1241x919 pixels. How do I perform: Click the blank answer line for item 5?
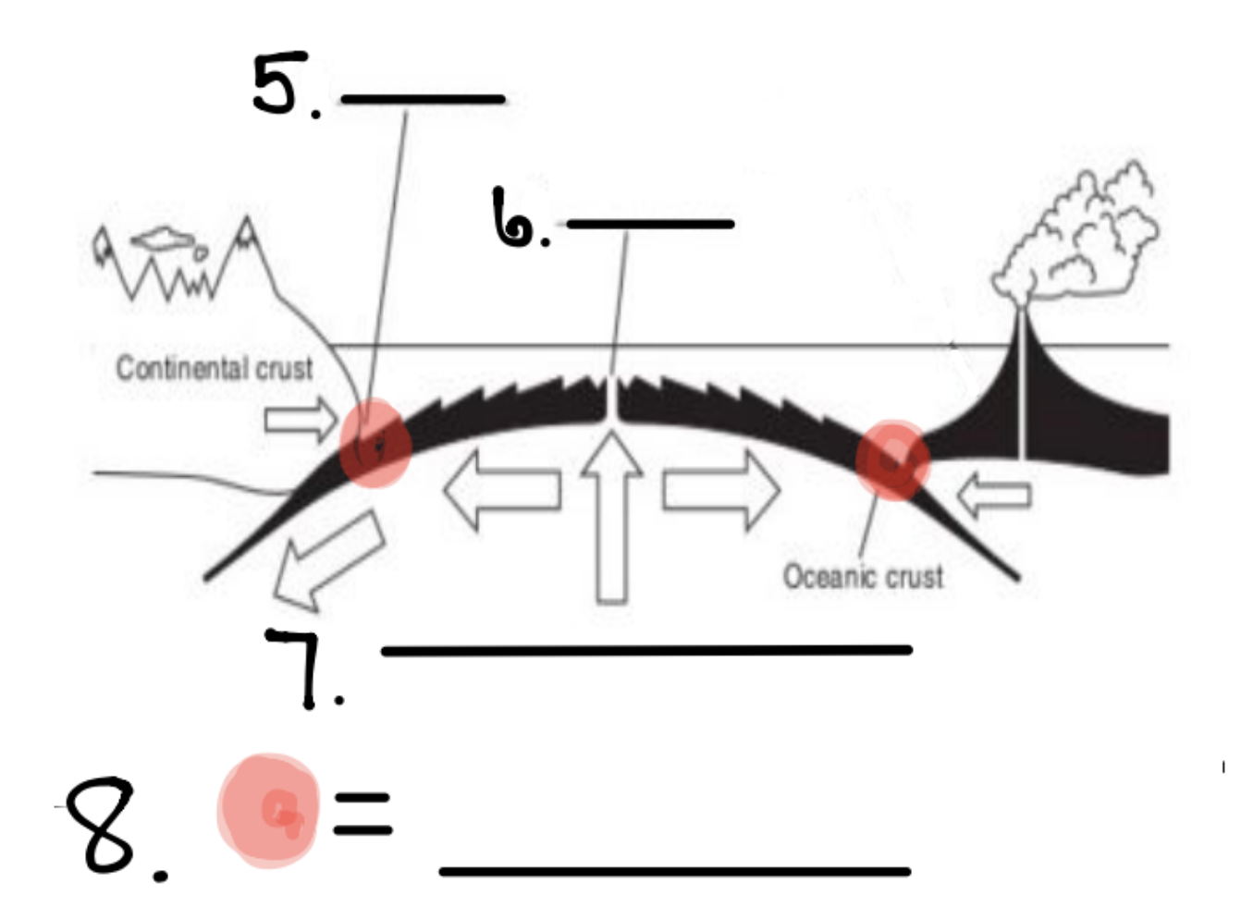pos(423,98)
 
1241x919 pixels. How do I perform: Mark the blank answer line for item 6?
pos(650,224)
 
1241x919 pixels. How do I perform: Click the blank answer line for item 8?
pos(675,870)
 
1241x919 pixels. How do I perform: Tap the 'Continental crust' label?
pos(215,368)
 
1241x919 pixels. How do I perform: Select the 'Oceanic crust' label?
pos(863,576)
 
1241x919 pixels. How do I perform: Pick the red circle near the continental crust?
pos(375,443)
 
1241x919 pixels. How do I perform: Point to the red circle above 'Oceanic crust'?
pos(891,459)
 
